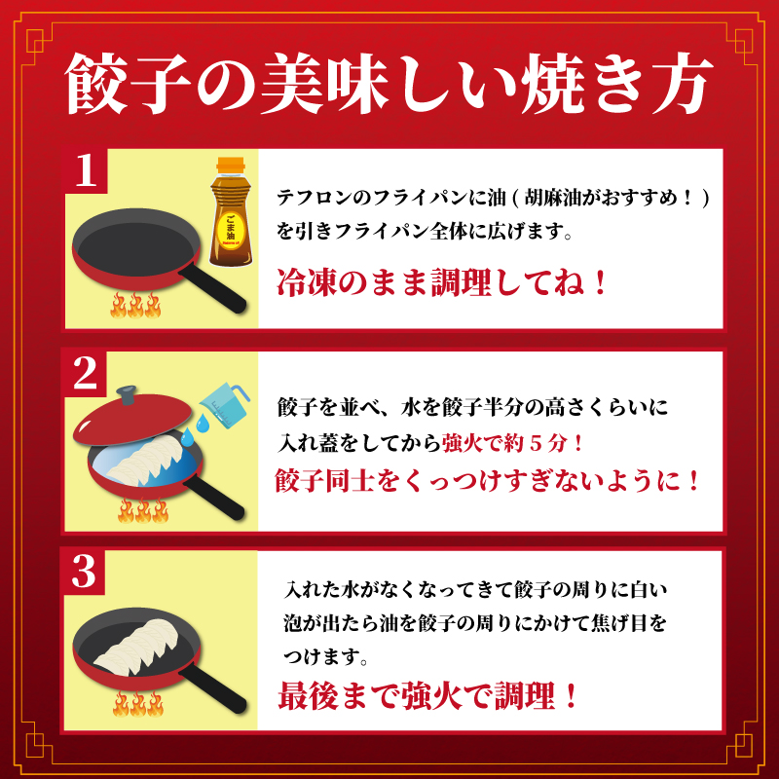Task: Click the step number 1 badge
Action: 85,169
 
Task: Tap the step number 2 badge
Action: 85,374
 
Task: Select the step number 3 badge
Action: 84,572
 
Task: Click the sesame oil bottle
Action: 231,211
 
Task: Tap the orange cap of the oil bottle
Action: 231,165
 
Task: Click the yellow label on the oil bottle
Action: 231,227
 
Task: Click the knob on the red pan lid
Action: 127,395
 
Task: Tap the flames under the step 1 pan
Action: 135,305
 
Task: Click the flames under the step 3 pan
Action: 137,703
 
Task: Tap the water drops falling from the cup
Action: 194,430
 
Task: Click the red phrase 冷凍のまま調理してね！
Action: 442,282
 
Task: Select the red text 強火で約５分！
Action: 512,443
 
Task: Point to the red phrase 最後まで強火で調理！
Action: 427,695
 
